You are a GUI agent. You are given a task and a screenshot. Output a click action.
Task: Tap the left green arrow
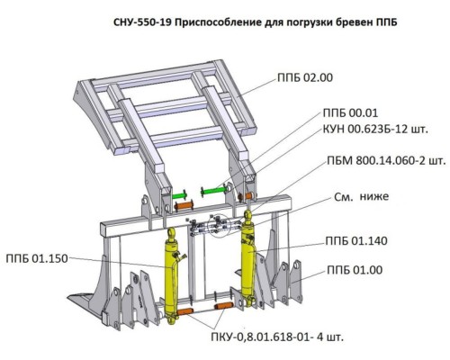coord(178,193)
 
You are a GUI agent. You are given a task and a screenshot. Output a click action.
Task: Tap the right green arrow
coord(214,191)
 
